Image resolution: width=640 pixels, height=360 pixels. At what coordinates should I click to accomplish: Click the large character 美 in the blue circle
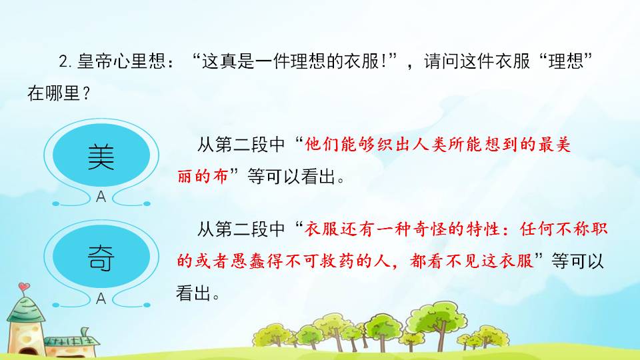101,158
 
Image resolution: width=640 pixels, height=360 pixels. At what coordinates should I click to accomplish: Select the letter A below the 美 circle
101,197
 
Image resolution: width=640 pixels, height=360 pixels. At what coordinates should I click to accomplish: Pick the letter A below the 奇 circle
101,299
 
